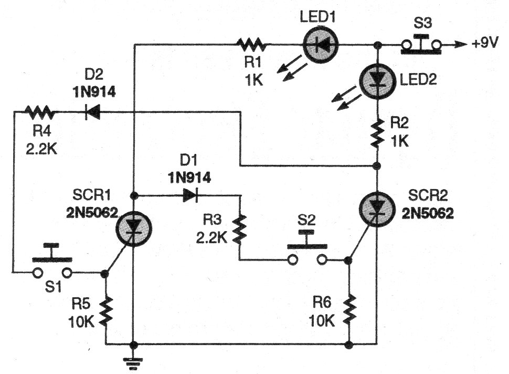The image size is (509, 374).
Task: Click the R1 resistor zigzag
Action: (x=252, y=45)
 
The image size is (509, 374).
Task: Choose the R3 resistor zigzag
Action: (x=240, y=227)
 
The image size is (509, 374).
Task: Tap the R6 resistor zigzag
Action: (x=349, y=310)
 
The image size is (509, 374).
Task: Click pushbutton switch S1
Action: (x=52, y=266)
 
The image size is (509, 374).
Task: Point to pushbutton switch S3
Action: (x=421, y=45)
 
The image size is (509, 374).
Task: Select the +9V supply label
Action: (x=485, y=45)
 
